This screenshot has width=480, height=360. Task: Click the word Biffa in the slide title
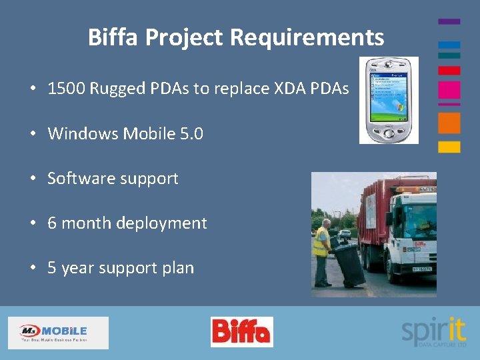pos(113,37)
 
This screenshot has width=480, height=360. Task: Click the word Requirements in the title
pos(307,37)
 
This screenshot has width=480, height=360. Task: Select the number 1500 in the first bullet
pos(65,89)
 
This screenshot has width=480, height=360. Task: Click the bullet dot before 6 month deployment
pos(32,223)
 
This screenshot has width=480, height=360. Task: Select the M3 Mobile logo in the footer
pos(58,332)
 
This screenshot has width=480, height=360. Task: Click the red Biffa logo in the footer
pos(241,332)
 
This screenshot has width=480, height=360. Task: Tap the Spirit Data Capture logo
pos(433,331)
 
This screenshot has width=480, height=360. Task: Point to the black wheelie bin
pos(351,263)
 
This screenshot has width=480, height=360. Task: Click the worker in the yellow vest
pos(323,250)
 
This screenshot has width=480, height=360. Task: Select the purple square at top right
pos(449,21)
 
